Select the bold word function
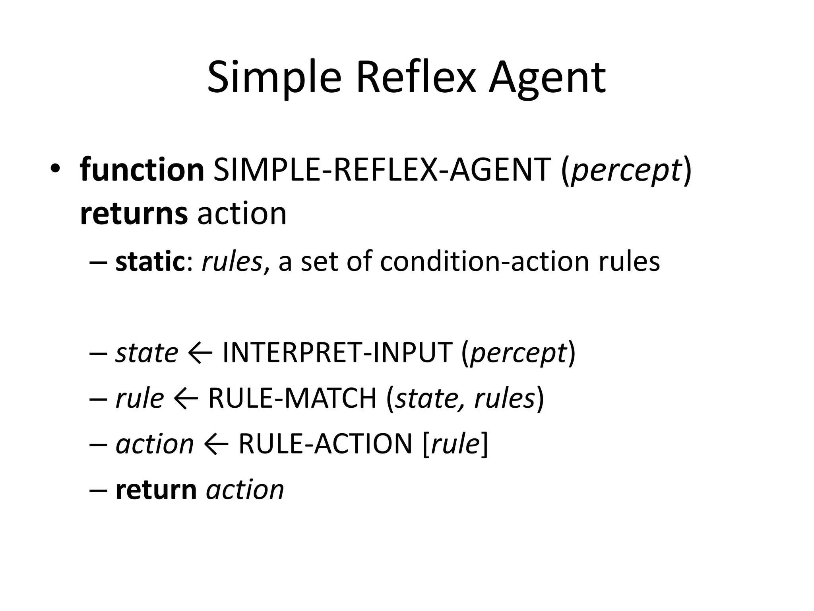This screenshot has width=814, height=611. click(142, 170)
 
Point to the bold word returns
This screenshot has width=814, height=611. click(134, 214)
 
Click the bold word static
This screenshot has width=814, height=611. click(148, 262)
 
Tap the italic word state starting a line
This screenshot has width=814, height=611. click(147, 353)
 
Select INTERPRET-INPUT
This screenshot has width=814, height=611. click(337, 353)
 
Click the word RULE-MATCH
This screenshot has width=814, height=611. click(292, 398)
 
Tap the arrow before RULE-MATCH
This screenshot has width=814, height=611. click(186, 398)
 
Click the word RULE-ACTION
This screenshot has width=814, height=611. click(325, 444)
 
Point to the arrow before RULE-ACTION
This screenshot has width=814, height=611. click(216, 444)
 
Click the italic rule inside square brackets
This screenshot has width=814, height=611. click(455, 444)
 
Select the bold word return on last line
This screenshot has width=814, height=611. click(156, 490)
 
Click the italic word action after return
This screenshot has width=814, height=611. click(245, 490)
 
